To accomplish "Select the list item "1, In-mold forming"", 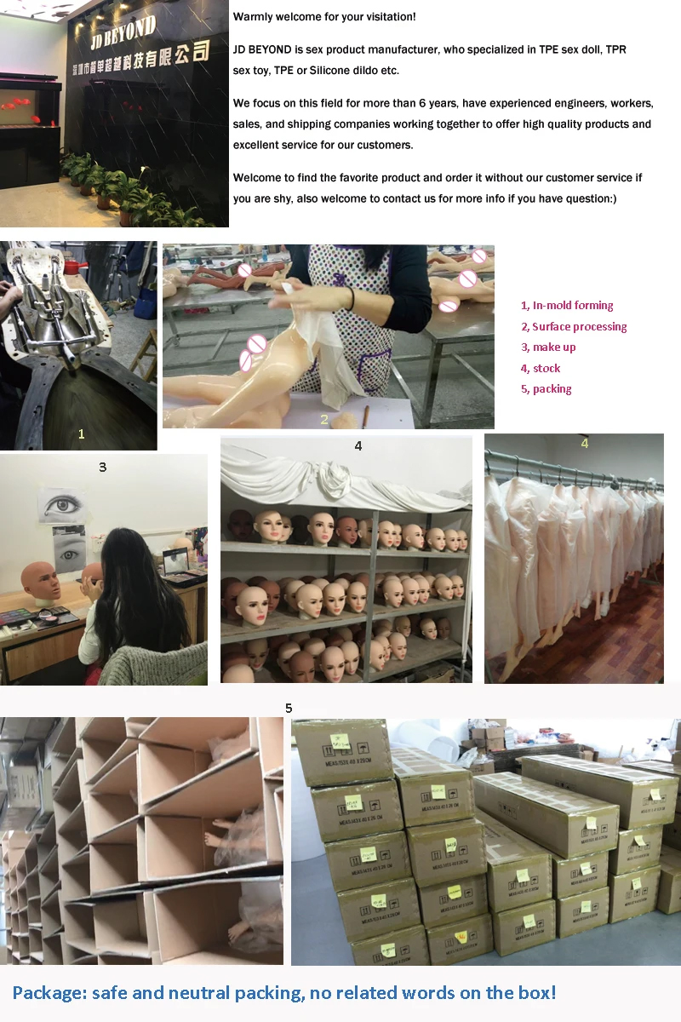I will point(567,306).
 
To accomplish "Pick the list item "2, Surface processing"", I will point(574,327).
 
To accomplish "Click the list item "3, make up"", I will point(548,347).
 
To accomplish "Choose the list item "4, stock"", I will point(541,369).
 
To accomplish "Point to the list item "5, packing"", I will point(546,389).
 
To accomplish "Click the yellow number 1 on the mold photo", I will point(81,433).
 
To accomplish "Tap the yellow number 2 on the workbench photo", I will point(324,419).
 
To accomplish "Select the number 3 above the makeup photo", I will point(103,467).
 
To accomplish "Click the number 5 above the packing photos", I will point(289,708).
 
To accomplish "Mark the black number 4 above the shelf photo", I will point(358,445).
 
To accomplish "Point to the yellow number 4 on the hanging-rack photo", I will point(584,443).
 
